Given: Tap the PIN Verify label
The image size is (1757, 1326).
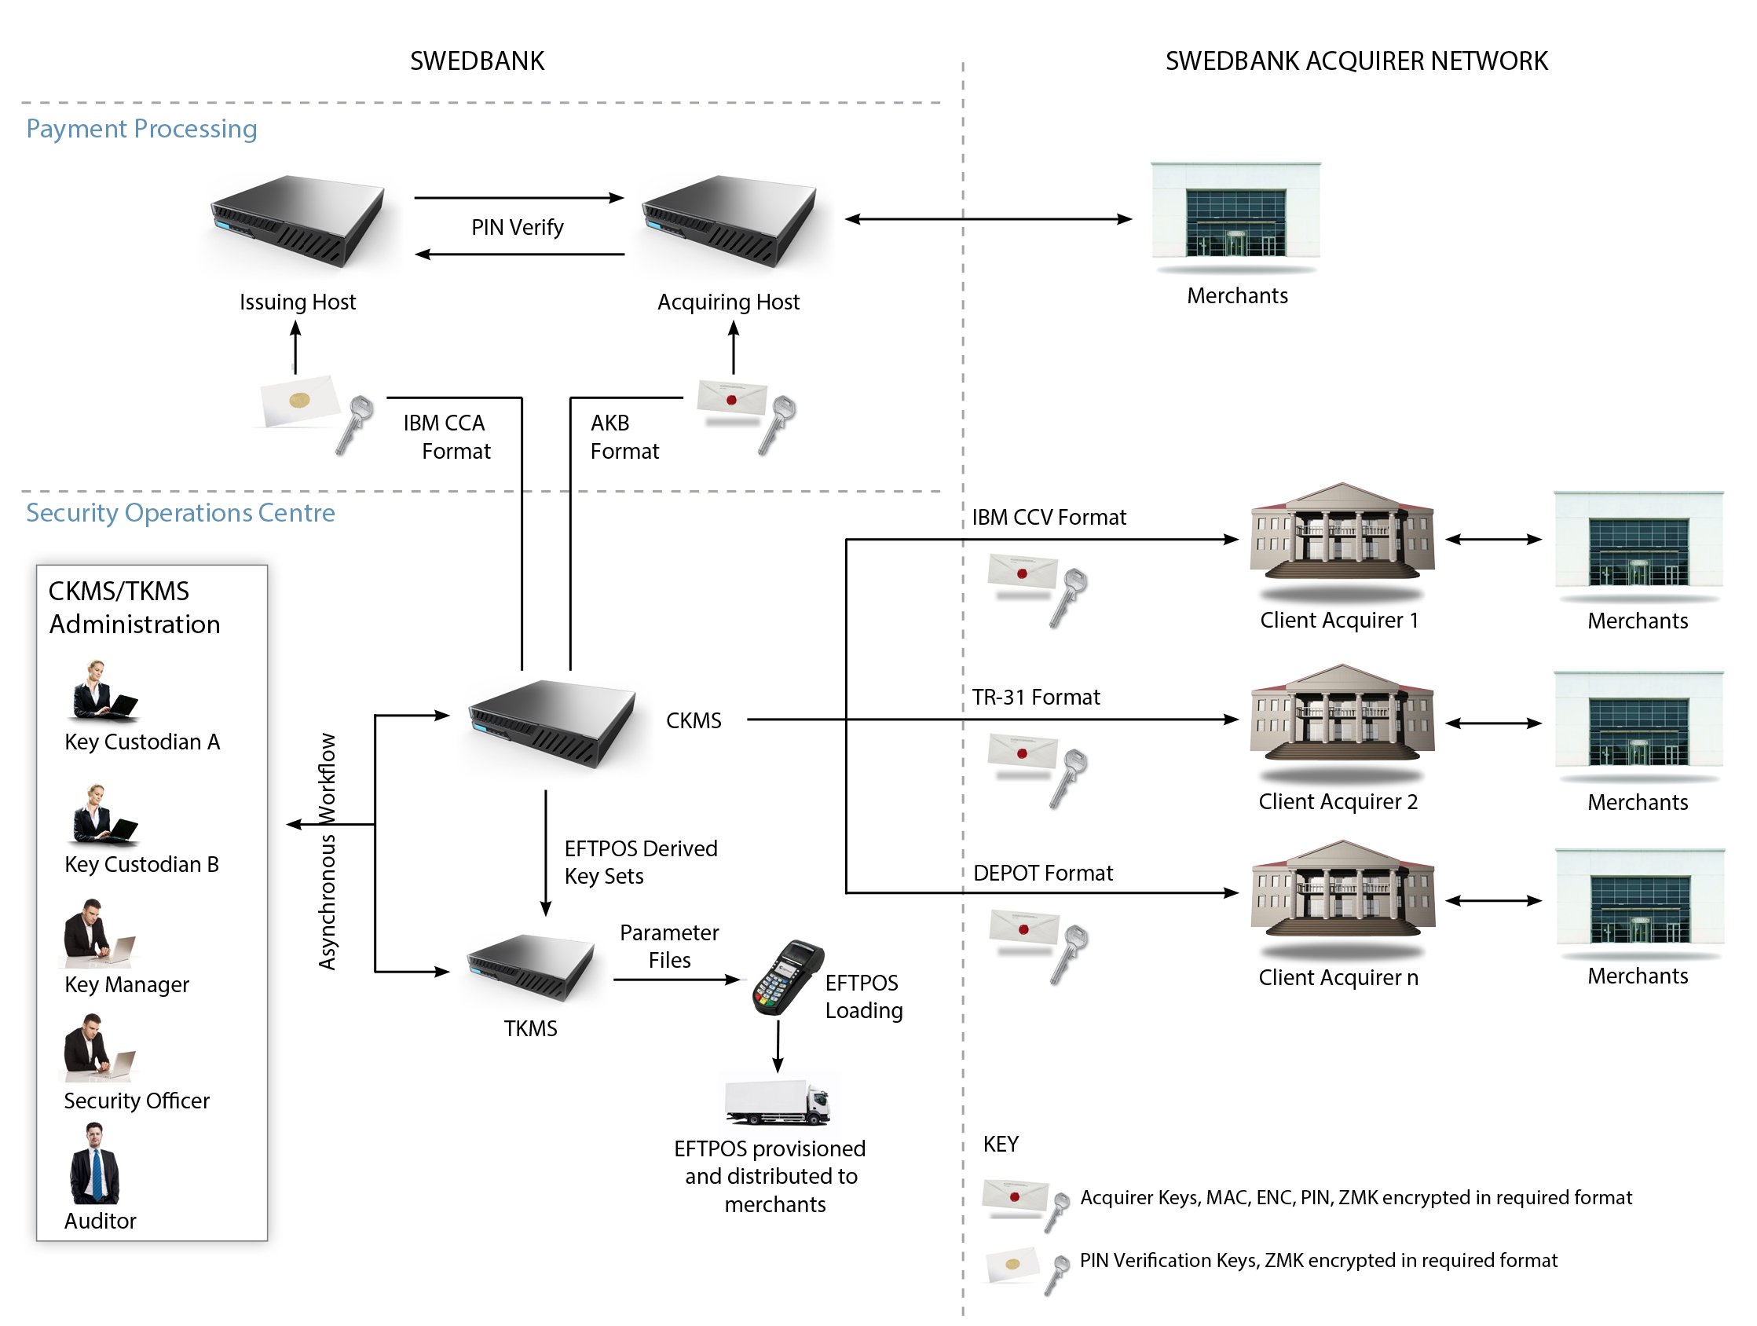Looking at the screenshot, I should pos(517,227).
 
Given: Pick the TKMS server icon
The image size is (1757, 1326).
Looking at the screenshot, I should pos(531,967).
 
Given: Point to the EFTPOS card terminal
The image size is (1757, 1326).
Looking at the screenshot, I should pos(786,977).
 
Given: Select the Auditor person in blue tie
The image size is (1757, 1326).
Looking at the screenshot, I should pos(94,1163).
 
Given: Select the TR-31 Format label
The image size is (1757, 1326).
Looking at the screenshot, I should pos(1036,698).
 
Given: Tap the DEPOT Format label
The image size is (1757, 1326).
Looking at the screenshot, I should pos(1042,874).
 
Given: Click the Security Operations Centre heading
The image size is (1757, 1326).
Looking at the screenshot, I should pos(181,513).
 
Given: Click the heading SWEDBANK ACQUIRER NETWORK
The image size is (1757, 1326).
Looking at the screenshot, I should pos(1356,61).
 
